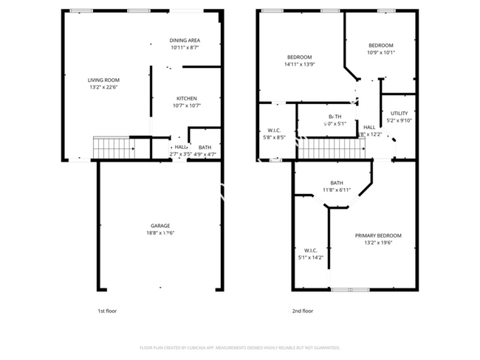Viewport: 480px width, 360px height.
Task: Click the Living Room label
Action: click(x=103, y=80)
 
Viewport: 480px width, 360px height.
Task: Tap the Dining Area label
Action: click(x=185, y=40)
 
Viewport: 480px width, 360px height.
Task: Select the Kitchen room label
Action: click(x=186, y=98)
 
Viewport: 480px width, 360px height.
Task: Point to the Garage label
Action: click(x=161, y=226)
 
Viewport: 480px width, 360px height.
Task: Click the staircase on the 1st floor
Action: click(x=112, y=148)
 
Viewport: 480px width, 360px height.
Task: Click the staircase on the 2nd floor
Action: click(x=332, y=149)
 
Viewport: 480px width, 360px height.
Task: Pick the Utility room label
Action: click(x=399, y=114)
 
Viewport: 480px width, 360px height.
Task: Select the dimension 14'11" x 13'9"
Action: click(x=299, y=65)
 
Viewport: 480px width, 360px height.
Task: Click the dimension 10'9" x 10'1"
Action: click(x=381, y=52)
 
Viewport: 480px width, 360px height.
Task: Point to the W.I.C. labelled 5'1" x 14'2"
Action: click(x=310, y=257)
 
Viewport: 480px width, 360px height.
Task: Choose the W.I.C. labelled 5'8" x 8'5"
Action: click(x=274, y=137)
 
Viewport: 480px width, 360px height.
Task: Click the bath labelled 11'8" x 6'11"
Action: click(x=337, y=190)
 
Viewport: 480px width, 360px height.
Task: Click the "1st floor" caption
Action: click(x=107, y=311)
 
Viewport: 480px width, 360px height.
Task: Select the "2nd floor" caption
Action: click(x=303, y=311)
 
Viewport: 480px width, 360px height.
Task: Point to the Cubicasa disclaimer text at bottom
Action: click(x=239, y=347)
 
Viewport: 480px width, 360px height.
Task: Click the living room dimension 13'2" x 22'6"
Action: click(x=103, y=87)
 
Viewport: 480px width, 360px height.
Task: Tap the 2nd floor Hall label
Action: click(x=369, y=128)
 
